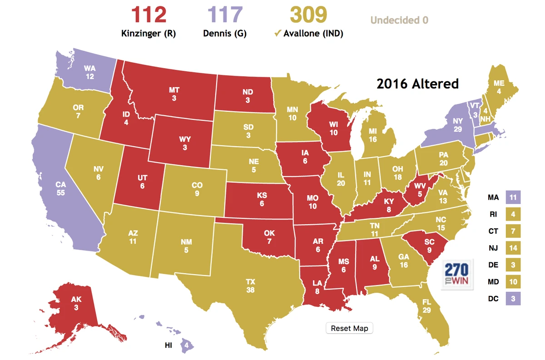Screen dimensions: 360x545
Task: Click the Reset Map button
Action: tap(349, 328)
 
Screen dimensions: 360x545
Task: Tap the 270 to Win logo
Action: tap(457, 274)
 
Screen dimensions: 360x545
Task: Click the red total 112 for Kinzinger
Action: tap(149, 15)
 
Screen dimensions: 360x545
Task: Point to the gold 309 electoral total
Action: tap(308, 15)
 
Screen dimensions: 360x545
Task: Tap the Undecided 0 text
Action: tap(399, 20)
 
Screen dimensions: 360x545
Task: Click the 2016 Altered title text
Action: tap(417, 84)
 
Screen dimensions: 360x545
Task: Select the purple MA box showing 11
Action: tap(513, 197)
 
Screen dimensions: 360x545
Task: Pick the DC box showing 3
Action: tap(513, 299)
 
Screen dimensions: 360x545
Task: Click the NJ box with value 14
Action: tap(513, 248)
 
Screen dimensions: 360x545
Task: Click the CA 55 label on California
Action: tap(61, 188)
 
